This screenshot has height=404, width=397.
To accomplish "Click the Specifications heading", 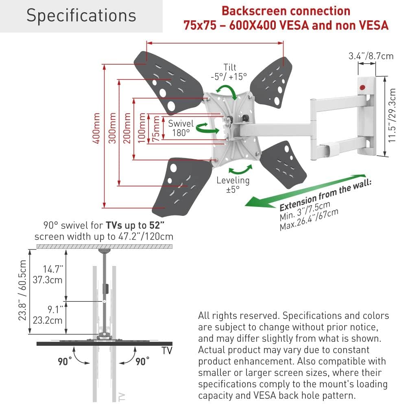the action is [x=81, y=16].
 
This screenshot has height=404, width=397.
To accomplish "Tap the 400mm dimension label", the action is [x=96, y=128].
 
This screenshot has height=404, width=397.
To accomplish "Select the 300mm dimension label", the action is [x=112, y=128].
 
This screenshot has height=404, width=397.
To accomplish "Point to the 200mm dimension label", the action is [x=127, y=128].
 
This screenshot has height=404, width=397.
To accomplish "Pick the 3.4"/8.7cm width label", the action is [x=371, y=56].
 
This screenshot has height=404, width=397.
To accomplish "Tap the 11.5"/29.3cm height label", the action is [x=392, y=115].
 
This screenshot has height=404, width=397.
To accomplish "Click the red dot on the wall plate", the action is [x=362, y=88].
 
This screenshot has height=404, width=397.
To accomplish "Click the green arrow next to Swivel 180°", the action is [x=207, y=128].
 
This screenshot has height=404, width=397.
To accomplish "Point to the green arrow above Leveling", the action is [x=240, y=170].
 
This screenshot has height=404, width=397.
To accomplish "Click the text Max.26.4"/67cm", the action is [x=309, y=220].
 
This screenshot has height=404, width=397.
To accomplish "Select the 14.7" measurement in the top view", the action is [x=53, y=269].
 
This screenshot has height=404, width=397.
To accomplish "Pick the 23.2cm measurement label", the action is [x=48, y=320].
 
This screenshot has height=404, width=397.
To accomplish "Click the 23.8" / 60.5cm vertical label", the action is [x=22, y=290].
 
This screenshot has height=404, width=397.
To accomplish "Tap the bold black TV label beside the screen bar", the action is [x=167, y=351].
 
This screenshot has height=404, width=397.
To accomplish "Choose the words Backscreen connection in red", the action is [x=286, y=11].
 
